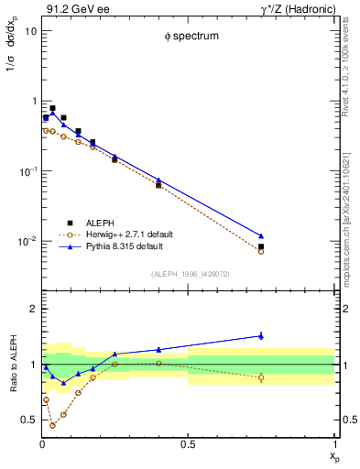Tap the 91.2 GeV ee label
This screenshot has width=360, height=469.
click(74, 8)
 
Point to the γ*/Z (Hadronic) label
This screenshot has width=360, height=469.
click(295, 8)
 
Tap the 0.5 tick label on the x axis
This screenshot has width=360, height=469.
click(188, 445)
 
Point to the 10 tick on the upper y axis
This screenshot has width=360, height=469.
click(30, 30)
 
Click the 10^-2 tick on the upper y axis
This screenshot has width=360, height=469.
click(27, 241)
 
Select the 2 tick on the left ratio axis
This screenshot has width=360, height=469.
click(33, 309)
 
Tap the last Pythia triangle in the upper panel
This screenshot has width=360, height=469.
click(261, 236)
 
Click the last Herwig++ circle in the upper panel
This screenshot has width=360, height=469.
click(261, 251)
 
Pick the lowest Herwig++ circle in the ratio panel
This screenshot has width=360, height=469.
click(52, 425)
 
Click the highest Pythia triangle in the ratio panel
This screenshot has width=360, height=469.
click(261, 335)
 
